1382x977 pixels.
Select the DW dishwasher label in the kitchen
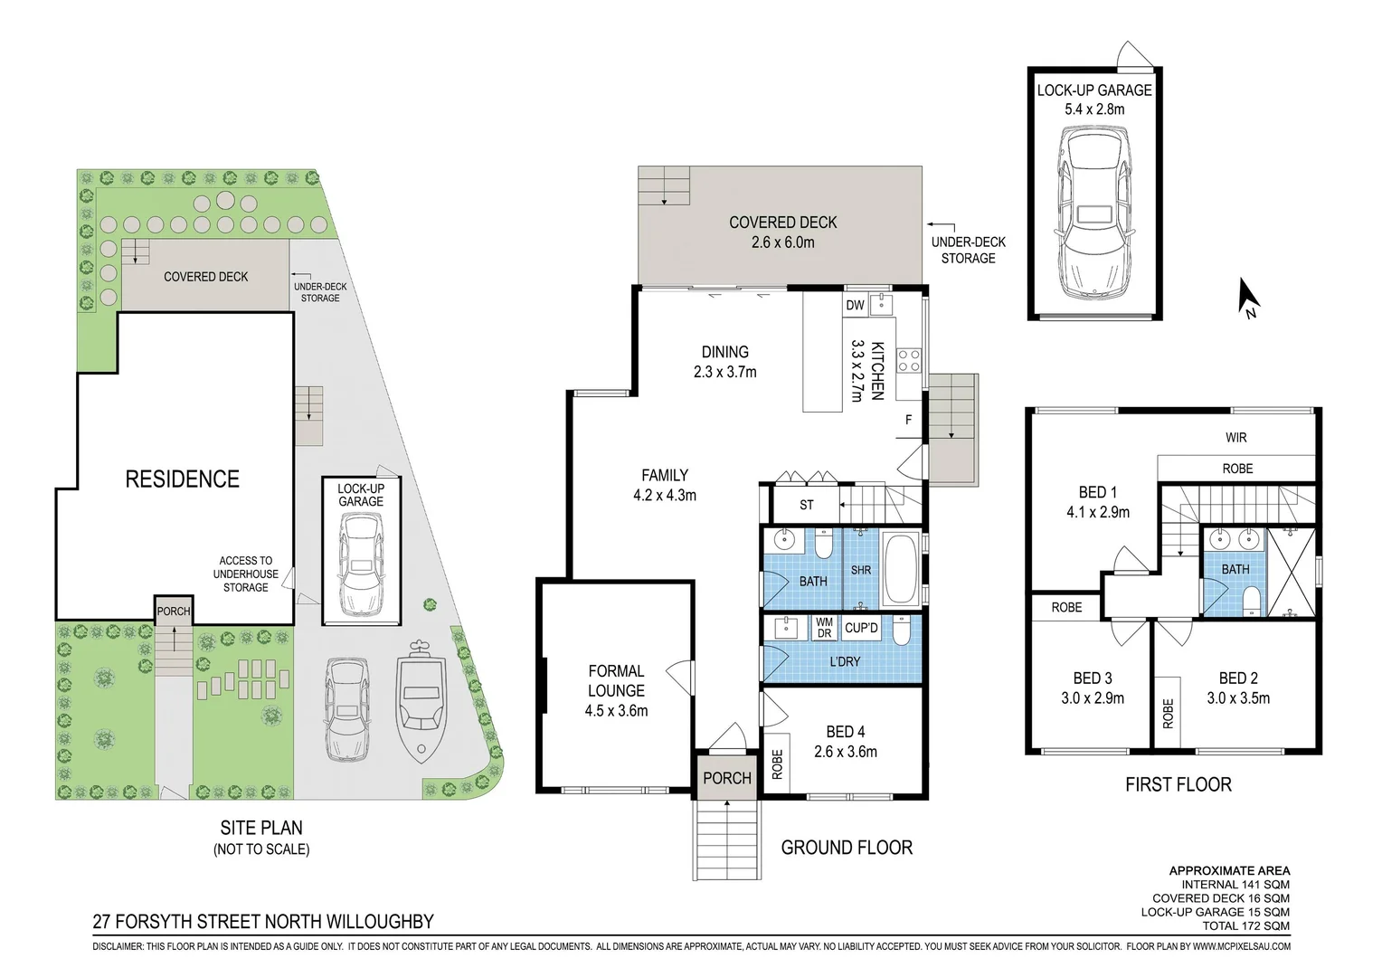(x=855, y=305)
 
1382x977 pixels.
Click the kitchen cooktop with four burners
(x=909, y=360)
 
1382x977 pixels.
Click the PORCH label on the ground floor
(x=727, y=778)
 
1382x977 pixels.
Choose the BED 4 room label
(x=846, y=731)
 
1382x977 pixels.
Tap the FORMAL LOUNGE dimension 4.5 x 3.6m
(x=616, y=710)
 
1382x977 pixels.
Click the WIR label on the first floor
(x=1235, y=438)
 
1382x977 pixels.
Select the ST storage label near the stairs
(x=807, y=505)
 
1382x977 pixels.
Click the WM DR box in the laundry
(x=824, y=628)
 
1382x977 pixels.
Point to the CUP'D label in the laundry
(x=861, y=629)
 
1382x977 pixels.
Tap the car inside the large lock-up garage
(x=1093, y=213)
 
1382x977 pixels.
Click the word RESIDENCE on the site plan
(x=182, y=479)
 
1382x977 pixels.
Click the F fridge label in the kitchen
(x=908, y=420)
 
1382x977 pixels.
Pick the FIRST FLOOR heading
(x=1178, y=784)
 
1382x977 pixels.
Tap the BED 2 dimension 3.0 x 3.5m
(x=1238, y=698)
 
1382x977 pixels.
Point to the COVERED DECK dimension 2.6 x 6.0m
(x=783, y=242)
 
